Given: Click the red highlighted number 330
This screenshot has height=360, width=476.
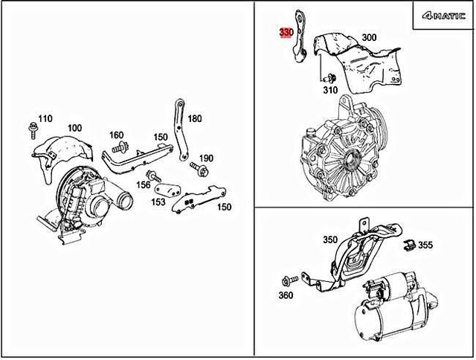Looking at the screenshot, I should pyautogui.click(x=286, y=33).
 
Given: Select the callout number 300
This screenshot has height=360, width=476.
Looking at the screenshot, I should pyautogui.click(x=369, y=37).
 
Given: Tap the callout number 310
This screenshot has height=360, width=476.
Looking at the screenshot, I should pyautogui.click(x=329, y=90).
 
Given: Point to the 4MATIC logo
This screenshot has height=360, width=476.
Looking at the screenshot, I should pyautogui.click(x=443, y=15).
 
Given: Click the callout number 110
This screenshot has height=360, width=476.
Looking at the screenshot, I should pyautogui.click(x=45, y=118).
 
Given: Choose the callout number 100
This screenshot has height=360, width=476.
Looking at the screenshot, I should pyautogui.click(x=75, y=128).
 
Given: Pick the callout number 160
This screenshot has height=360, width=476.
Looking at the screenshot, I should pyautogui.click(x=117, y=135).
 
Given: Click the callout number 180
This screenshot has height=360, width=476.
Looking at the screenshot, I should pyautogui.click(x=194, y=118).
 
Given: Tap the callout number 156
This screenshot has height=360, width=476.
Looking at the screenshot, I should pyautogui.click(x=144, y=186).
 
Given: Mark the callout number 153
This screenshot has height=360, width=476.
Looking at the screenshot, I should pyautogui.click(x=158, y=201).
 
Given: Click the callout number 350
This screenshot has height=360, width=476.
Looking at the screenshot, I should pyautogui.click(x=330, y=240).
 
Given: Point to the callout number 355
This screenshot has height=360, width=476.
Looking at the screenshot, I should pyautogui.click(x=425, y=244).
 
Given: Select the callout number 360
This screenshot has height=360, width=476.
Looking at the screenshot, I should pyautogui.click(x=286, y=295).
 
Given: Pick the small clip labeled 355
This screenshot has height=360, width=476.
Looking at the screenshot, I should pyautogui.click(x=407, y=245).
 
